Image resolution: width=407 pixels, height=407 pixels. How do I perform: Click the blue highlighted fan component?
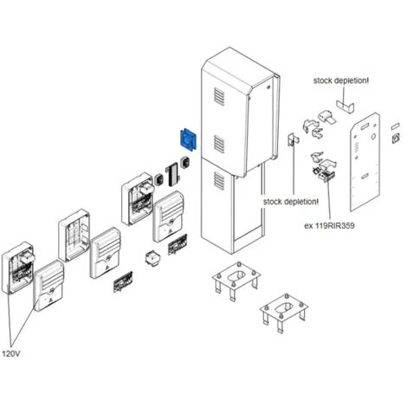pyautogui.click(x=188, y=139)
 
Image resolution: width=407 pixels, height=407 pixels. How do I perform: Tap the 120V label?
pyautogui.click(x=11, y=353)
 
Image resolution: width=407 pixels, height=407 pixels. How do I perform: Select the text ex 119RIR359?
pyautogui.click(x=329, y=225)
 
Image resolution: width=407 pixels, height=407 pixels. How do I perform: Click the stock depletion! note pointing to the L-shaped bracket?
pyautogui.click(x=341, y=81)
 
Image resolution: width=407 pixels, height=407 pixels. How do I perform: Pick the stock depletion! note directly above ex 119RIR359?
pyautogui.click(x=291, y=202)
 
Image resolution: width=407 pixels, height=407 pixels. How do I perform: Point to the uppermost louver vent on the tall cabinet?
pyautogui.click(x=219, y=96)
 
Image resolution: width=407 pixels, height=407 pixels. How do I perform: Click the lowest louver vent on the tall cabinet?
pyautogui.click(x=219, y=180)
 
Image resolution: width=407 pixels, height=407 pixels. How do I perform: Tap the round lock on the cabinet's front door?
pyautogui.click(x=268, y=87)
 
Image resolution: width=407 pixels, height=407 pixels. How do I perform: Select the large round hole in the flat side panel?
pyautogui.click(x=373, y=135)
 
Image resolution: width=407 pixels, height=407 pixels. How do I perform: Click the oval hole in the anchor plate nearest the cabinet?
pyautogui.click(x=236, y=276)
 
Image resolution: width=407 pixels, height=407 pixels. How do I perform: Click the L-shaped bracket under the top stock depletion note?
pyautogui.click(x=345, y=106)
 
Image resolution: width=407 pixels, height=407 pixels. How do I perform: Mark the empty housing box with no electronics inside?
pyautogui.click(x=74, y=236)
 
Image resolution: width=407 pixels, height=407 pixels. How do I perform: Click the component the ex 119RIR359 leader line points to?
pyautogui.click(x=326, y=175)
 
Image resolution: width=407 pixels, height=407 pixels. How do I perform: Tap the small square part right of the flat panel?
pyautogui.click(x=396, y=139)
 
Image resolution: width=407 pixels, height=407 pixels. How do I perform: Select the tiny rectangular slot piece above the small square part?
pyautogui.click(x=396, y=126)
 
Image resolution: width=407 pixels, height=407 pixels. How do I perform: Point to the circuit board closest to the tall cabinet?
pyautogui.click(x=178, y=244)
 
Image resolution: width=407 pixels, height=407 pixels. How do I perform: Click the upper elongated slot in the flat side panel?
pyautogui.click(x=365, y=126)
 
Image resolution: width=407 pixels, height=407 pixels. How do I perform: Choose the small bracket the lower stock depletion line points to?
pyautogui.click(x=294, y=140)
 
